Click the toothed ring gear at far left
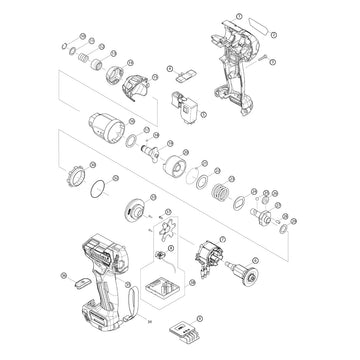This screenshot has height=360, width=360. pos(72,178)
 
